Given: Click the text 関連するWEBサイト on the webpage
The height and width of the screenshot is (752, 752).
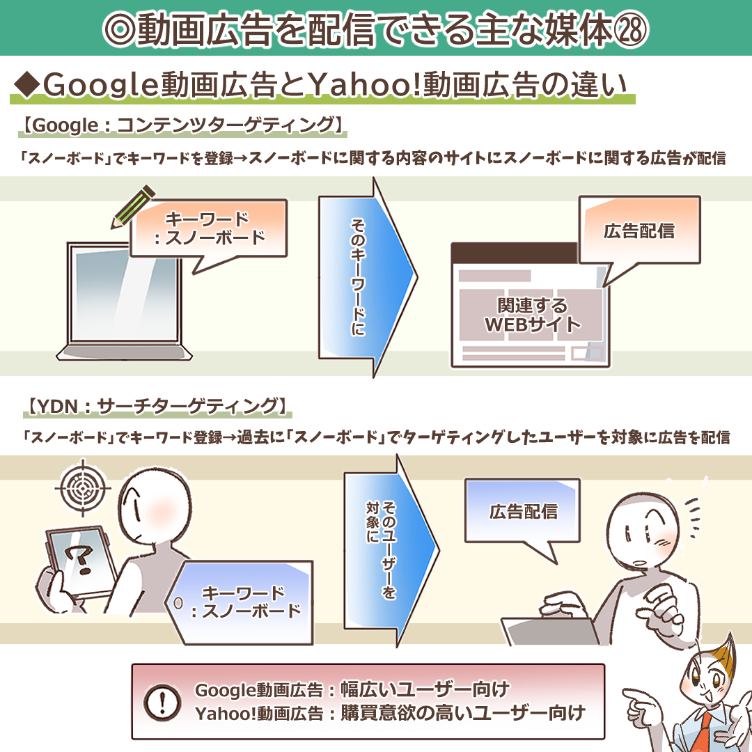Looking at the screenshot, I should coord(533,315).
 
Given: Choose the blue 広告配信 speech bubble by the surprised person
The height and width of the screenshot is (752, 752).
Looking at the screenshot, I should coord(523,512).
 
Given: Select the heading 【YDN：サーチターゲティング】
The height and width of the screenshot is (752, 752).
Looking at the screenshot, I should coord(157,406).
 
